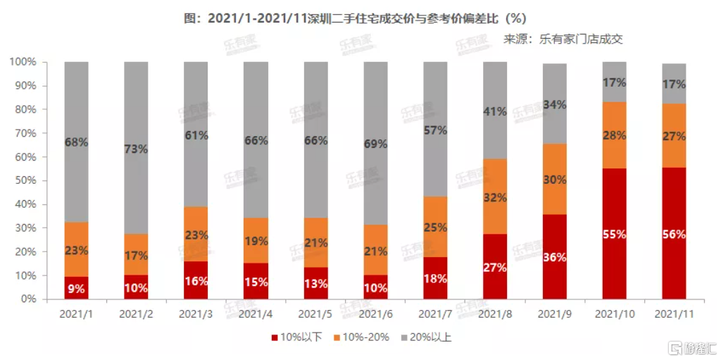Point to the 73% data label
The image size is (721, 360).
click(136, 149)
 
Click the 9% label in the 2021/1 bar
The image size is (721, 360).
click(76, 287)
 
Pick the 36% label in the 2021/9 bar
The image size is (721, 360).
click(555, 257)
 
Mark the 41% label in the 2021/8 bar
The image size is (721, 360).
click(495, 111)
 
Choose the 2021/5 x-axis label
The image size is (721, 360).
click(315, 312)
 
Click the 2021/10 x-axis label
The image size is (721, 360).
click(615, 312)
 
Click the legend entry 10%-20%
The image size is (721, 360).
click(364, 337)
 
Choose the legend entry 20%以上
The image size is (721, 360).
click(427, 337)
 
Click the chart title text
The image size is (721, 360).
click(360, 17)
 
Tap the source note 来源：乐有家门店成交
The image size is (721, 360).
click(563, 39)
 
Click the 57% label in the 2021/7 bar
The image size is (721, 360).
click(435, 130)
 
